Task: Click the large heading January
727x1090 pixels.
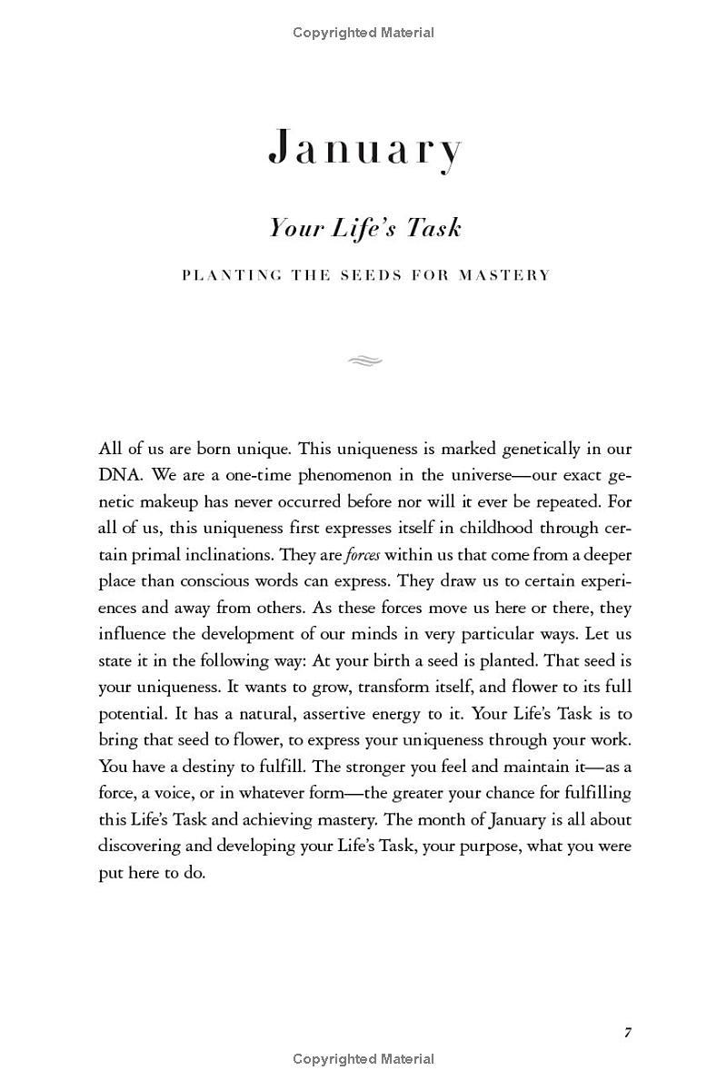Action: pos(365,149)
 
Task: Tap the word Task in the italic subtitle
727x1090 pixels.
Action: pos(433,228)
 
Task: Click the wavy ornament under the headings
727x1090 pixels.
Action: pos(364,362)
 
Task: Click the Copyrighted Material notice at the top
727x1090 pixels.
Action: pos(363,33)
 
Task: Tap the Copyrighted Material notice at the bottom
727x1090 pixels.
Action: pos(363,1058)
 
